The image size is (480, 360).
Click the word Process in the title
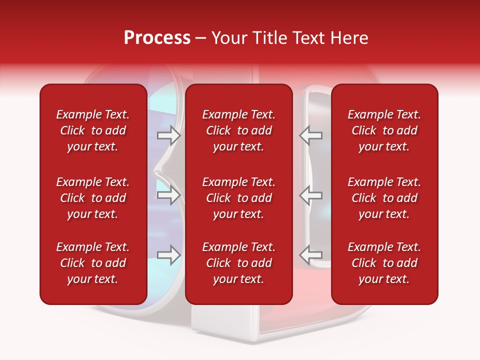[157, 38]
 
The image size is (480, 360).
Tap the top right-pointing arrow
[168, 135]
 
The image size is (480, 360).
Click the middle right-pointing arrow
[168, 195]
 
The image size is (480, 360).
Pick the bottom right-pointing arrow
[168, 255]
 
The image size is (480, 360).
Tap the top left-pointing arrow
[311, 135]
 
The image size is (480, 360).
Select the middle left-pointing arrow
[311, 195]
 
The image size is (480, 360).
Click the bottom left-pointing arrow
[311, 255]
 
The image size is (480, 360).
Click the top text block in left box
[93, 130]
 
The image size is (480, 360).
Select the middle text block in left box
[93, 198]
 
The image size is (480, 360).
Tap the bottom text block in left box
[93, 263]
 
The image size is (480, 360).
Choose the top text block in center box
[238, 130]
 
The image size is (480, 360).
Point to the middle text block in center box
[238, 198]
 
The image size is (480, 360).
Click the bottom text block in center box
[238, 263]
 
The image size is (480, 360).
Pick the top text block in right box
[384, 130]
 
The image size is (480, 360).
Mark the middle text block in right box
[384, 198]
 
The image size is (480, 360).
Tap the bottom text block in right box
[384, 263]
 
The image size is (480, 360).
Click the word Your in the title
[228, 38]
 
